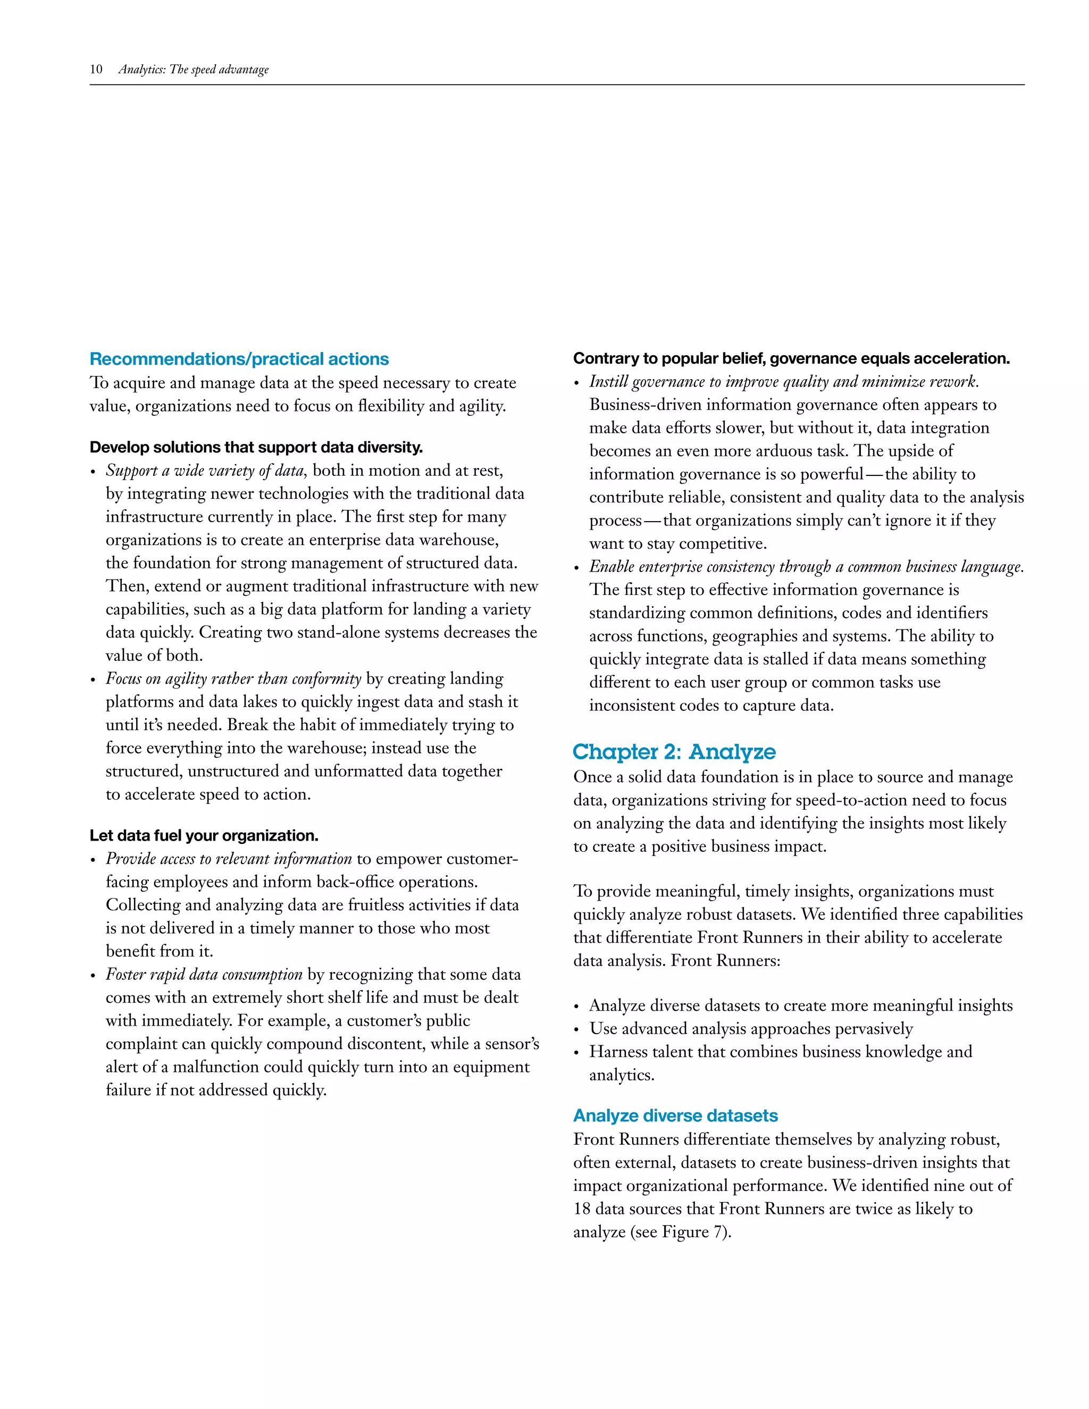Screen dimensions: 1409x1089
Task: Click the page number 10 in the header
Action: click(96, 70)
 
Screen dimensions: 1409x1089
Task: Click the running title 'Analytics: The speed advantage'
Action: click(193, 70)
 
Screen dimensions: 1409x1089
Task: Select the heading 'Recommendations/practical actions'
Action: click(239, 359)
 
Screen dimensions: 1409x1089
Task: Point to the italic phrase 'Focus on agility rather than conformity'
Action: click(233, 678)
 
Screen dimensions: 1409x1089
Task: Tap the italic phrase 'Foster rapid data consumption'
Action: click(204, 974)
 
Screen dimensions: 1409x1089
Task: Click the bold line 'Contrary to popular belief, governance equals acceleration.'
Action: click(791, 359)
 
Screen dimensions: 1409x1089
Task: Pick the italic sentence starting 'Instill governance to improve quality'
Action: click(783, 382)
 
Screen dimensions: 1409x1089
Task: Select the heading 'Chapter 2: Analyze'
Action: click(674, 752)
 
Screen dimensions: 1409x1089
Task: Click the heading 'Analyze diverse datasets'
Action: click(675, 1116)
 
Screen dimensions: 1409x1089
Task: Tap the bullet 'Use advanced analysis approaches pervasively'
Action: click(750, 1028)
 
